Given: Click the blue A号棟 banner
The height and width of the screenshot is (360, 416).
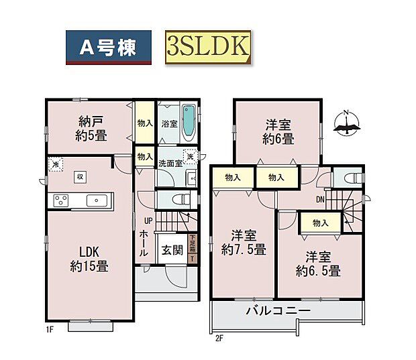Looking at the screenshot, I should pos(108,47).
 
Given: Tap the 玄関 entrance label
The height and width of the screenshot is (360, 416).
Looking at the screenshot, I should pos(172,251).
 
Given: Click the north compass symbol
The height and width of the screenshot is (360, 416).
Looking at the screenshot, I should pos(346,123).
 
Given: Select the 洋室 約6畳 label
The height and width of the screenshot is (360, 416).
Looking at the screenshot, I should pos(278,132).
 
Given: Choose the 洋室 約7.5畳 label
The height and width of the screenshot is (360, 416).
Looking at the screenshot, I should pos(244,243).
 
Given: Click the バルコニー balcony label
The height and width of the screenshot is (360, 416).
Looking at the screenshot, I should pos(278,311).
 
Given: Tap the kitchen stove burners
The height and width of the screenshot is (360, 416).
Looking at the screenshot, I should pos(60,200).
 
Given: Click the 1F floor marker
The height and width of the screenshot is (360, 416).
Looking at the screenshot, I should pos(50,330).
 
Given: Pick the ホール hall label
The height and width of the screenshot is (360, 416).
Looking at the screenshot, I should pos(144,243).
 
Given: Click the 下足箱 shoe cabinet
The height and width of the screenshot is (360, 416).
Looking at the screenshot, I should pos(192,248).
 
